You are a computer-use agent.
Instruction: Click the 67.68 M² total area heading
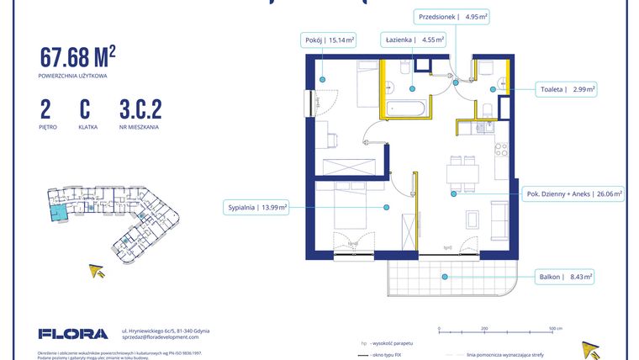(x=77, y=57)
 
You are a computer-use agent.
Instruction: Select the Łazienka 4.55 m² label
(x=415, y=39)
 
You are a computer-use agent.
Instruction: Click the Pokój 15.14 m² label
(x=329, y=39)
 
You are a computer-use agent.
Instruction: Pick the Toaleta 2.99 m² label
(x=568, y=88)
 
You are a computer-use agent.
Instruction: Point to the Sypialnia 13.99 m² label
(x=257, y=207)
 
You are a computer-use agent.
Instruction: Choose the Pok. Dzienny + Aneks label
(x=575, y=193)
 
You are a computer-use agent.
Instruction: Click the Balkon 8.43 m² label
(x=565, y=275)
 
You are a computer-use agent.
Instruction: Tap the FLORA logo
(x=73, y=333)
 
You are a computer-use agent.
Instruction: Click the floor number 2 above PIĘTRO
(x=45, y=109)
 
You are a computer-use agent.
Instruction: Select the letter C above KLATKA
(x=85, y=109)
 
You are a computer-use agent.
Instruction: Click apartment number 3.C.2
(x=140, y=109)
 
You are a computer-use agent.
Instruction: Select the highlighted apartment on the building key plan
(x=58, y=214)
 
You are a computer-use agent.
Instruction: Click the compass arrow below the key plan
(x=98, y=271)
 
